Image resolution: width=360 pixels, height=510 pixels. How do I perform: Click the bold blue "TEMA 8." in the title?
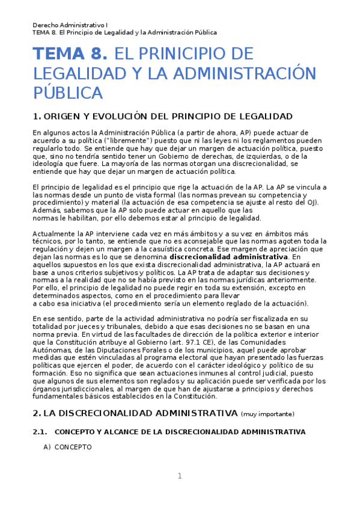[71, 54]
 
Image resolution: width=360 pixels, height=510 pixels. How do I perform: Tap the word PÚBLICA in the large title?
[68, 94]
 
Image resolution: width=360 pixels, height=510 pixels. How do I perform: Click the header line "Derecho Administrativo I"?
[70, 25]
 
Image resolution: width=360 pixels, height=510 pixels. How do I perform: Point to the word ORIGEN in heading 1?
[63, 116]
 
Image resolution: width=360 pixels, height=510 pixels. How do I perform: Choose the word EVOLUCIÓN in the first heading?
[126, 116]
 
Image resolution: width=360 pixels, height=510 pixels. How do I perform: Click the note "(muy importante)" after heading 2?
[267, 414]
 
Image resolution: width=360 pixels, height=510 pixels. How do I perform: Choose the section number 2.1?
[39, 432]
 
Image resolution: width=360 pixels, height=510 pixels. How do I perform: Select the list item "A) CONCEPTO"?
[67, 447]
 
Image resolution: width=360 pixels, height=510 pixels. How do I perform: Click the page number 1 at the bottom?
[179, 476]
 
